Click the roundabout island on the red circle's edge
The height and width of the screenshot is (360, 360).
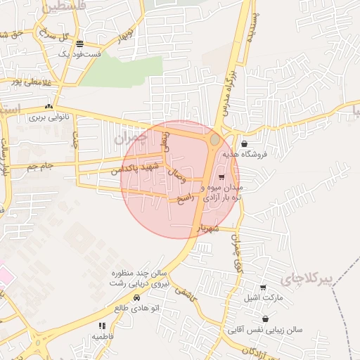pos(214,140)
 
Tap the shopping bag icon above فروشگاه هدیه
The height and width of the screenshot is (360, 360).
pos(243,143)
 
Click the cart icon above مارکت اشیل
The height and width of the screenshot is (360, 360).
pos(263,288)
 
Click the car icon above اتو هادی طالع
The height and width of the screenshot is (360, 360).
pos(136,299)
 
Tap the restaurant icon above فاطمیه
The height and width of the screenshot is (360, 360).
pos(102,326)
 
